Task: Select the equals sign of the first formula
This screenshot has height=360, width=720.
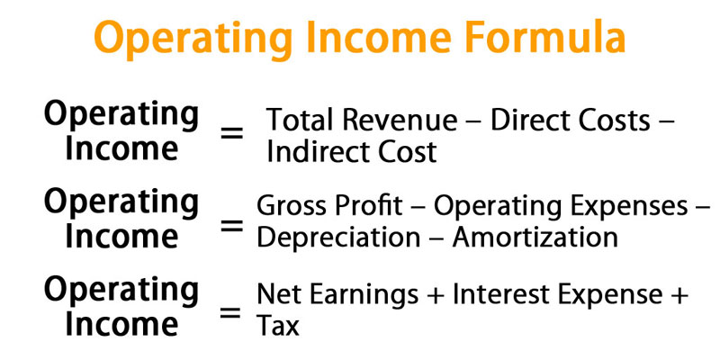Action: pyautogui.click(x=231, y=133)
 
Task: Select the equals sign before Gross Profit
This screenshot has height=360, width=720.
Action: pyautogui.click(x=231, y=225)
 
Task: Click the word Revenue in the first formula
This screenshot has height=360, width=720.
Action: pyautogui.click(x=400, y=120)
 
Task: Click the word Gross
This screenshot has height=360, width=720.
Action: pyautogui.click(x=291, y=206)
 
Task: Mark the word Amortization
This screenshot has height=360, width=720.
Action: pyautogui.click(x=535, y=237)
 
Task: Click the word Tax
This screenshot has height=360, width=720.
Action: pyautogui.click(x=278, y=326)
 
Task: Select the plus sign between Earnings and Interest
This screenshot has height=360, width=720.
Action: pyautogui.click(x=436, y=295)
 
